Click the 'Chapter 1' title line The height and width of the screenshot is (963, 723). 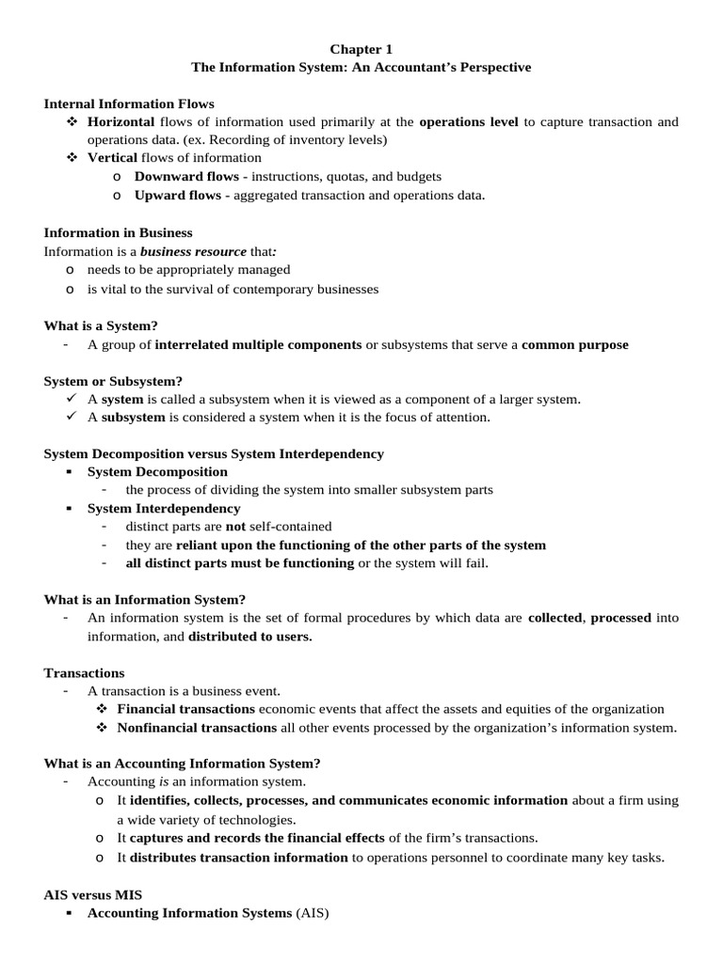(361, 48)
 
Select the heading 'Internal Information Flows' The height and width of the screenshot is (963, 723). (129, 103)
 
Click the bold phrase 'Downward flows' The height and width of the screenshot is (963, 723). (186, 176)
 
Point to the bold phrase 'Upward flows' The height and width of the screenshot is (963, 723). (178, 195)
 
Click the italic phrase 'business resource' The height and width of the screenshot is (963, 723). (193, 251)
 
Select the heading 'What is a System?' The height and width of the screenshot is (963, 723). (101, 325)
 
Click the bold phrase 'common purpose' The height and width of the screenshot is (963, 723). (574, 344)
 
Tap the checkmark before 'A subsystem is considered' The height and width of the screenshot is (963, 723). (72, 417)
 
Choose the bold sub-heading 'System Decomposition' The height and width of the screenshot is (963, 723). (157, 471)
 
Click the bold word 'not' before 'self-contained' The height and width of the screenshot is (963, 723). (234, 526)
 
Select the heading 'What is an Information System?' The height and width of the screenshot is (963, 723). (144, 599)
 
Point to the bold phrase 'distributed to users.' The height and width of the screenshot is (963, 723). (250, 636)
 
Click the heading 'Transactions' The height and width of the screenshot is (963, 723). (84, 672)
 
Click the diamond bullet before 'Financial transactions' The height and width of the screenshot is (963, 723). (102, 709)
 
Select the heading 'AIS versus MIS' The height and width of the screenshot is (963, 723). (93, 894)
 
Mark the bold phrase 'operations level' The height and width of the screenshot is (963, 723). (468, 122)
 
